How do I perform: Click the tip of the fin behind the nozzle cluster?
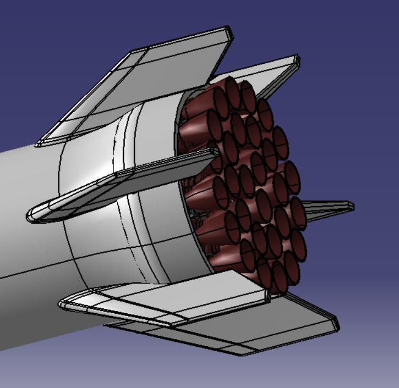297,59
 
